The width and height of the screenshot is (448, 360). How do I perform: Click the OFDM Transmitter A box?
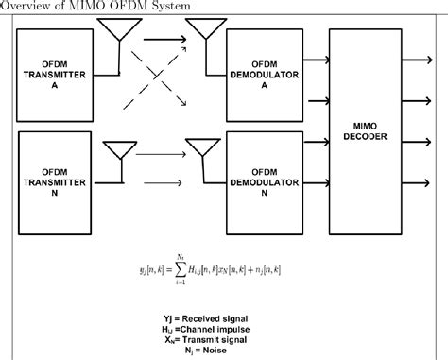click(x=63, y=79)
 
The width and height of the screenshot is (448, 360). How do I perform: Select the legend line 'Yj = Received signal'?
click(x=223, y=316)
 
